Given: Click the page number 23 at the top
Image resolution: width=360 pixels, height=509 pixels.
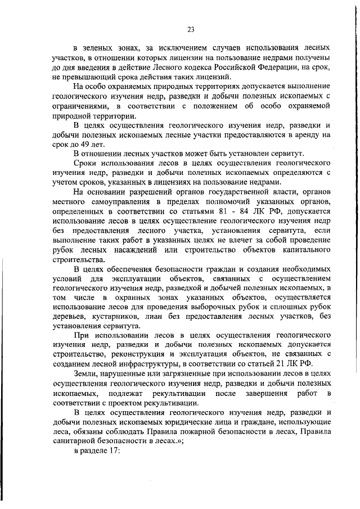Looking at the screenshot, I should (x=191, y=29).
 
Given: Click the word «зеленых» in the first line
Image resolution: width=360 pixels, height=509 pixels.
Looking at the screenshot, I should (x=98, y=49).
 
